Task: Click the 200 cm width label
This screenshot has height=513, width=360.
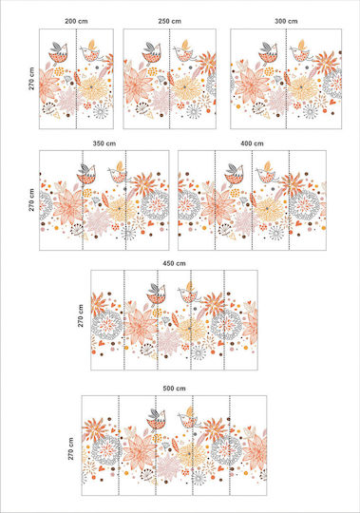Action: click(76, 21)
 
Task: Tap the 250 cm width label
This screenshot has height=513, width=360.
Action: click(169, 21)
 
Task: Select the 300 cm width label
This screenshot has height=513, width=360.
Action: click(286, 21)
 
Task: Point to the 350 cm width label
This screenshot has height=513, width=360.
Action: click(104, 143)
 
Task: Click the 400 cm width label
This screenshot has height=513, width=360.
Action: click(252, 143)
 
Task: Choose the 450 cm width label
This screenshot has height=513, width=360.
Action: click(174, 263)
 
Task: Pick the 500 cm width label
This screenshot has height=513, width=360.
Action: click(174, 389)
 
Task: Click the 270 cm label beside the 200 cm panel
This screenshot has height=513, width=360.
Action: click(31, 79)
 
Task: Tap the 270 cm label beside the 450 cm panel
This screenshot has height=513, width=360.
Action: click(81, 315)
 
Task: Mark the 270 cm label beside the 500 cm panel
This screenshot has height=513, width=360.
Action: click(70, 448)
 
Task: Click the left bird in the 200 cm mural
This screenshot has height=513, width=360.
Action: click(58, 53)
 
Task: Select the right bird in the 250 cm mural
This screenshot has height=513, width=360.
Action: click(183, 51)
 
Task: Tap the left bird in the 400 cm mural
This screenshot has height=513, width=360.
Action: click(234, 175)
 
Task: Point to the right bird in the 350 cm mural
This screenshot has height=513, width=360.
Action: click(118, 172)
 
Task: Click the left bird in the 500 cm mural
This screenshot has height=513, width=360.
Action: click(157, 420)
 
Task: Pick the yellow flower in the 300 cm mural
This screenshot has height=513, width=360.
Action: click(302, 87)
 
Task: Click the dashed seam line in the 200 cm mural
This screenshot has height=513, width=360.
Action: click(76, 79)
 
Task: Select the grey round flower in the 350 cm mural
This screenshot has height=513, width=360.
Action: click(155, 205)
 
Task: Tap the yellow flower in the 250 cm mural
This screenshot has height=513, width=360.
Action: click(185, 87)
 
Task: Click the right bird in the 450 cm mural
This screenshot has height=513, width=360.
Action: click(188, 294)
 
